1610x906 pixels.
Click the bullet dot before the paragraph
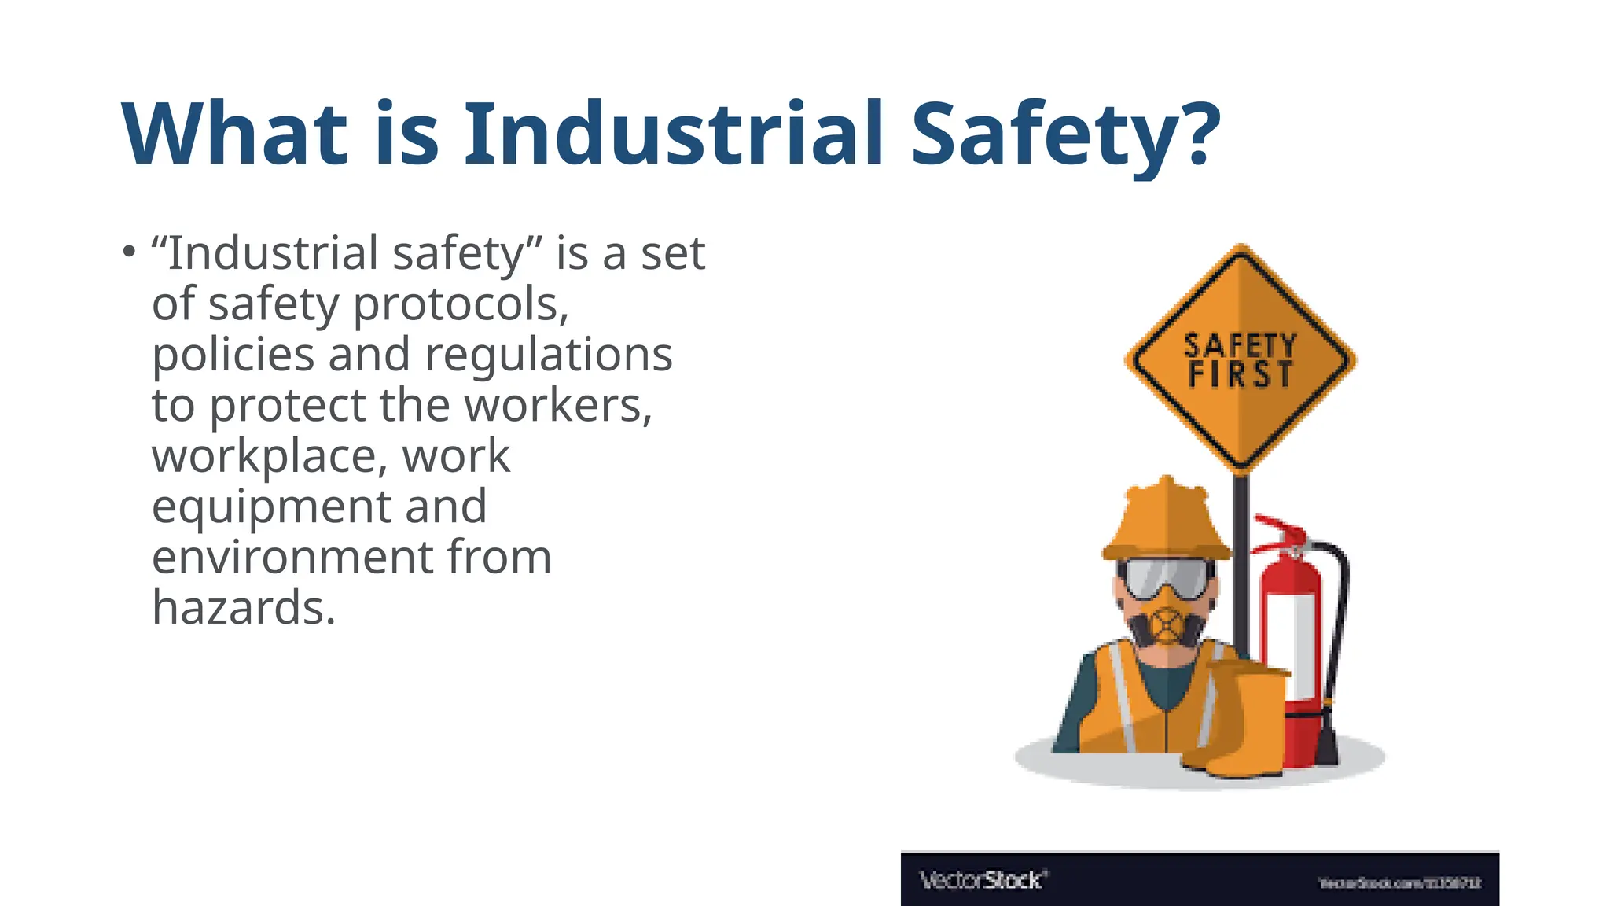point(129,252)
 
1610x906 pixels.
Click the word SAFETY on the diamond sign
point(1241,345)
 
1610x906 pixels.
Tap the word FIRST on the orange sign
point(1240,375)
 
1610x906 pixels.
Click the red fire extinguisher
point(1292,645)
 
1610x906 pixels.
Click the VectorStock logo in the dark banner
point(983,879)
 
